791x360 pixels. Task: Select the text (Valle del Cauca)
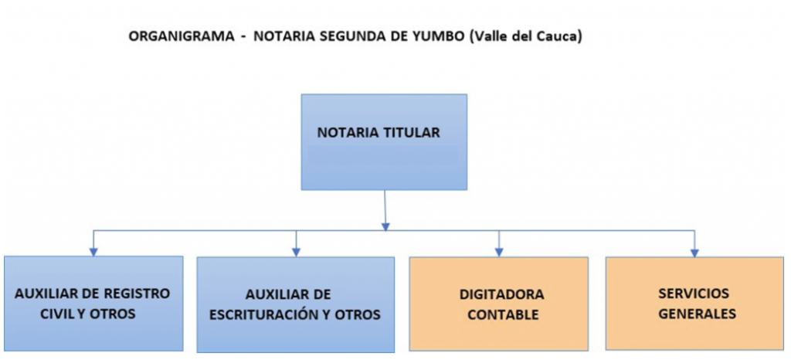click(x=525, y=37)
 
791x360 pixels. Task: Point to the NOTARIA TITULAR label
click(x=379, y=133)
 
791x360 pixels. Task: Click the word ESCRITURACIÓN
click(x=266, y=314)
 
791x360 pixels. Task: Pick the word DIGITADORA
click(x=502, y=294)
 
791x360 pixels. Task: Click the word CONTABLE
click(x=503, y=315)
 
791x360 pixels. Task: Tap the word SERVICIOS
click(x=694, y=294)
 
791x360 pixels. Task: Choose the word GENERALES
click(x=698, y=314)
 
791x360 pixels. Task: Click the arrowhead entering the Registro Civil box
click(x=93, y=252)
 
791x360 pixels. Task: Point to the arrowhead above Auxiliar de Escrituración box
click(x=297, y=252)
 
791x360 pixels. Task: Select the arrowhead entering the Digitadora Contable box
click(x=499, y=253)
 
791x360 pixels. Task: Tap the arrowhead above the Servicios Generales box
click(x=694, y=253)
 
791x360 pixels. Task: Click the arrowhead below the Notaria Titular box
click(x=385, y=227)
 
